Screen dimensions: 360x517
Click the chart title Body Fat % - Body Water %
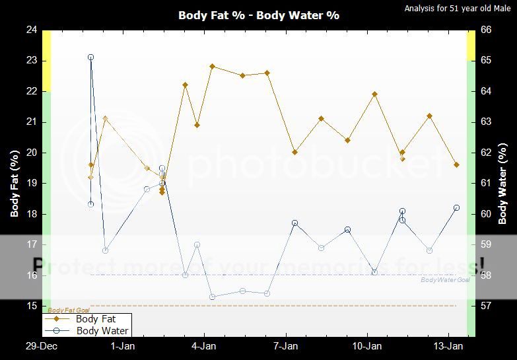click(258, 15)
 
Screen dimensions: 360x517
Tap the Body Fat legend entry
click(96, 319)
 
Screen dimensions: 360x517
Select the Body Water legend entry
click(102, 330)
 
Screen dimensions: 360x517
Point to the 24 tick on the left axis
click(32, 30)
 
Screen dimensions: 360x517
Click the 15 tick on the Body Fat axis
click(32, 306)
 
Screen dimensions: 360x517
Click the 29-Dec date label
click(41, 346)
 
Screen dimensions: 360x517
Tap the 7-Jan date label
click(285, 346)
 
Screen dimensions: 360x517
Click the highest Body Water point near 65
click(90, 57)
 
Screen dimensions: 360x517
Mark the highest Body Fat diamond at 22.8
click(213, 66)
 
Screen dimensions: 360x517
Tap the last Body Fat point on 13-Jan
click(456, 165)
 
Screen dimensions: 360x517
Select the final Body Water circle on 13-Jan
click(456, 208)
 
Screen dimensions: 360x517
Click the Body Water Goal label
click(445, 280)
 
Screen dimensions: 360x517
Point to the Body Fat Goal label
click(69, 310)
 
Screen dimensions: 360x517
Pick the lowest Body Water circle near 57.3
click(213, 297)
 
